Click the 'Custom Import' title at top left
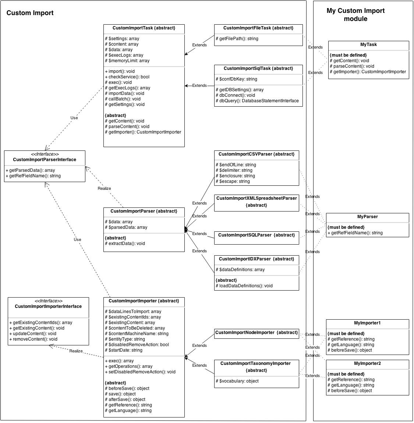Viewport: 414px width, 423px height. (30, 13)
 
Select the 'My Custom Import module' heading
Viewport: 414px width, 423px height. (355, 15)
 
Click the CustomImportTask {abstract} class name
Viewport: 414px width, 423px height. (144, 28)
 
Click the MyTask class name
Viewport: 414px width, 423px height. (368, 45)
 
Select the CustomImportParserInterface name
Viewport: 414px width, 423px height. (45, 160)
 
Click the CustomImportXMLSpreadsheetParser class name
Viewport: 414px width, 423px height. (256, 198)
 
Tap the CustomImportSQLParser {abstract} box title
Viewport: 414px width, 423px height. (256, 235)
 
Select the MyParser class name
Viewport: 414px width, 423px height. (368, 217)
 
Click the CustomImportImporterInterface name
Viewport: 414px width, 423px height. (48, 306)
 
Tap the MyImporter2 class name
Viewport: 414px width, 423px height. (367, 363)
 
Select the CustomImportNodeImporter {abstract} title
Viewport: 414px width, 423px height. (256, 333)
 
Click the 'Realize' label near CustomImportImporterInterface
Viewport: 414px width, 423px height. (76, 351)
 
